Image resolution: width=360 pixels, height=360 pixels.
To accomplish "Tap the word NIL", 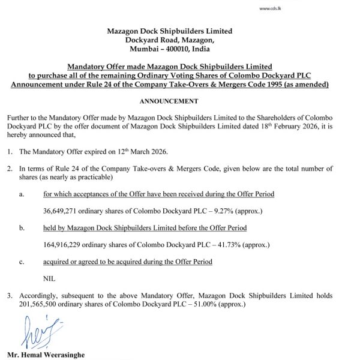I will (x=49, y=278).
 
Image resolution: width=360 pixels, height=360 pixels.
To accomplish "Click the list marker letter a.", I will (x=22, y=194).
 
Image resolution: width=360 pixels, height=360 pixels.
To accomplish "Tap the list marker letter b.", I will (x=22, y=228).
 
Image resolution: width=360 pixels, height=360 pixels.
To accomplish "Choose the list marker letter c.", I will (x=22, y=262).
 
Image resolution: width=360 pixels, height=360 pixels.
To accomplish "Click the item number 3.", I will (x=8, y=296).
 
